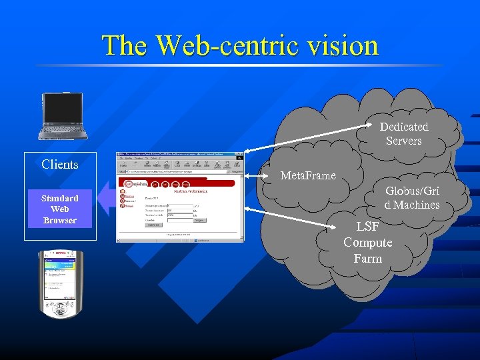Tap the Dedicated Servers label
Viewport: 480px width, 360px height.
(404, 133)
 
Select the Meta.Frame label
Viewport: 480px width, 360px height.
(308, 175)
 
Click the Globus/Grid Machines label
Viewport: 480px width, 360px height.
(412, 197)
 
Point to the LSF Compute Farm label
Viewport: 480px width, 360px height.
(368, 242)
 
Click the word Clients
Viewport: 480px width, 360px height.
(60, 164)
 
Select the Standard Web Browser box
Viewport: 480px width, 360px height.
(60, 209)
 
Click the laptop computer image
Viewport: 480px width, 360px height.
(63, 116)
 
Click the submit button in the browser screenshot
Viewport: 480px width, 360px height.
(155, 225)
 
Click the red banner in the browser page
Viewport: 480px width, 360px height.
(177, 181)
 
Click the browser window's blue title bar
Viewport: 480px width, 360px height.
(180, 155)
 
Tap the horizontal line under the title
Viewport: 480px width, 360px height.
(240, 65)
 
